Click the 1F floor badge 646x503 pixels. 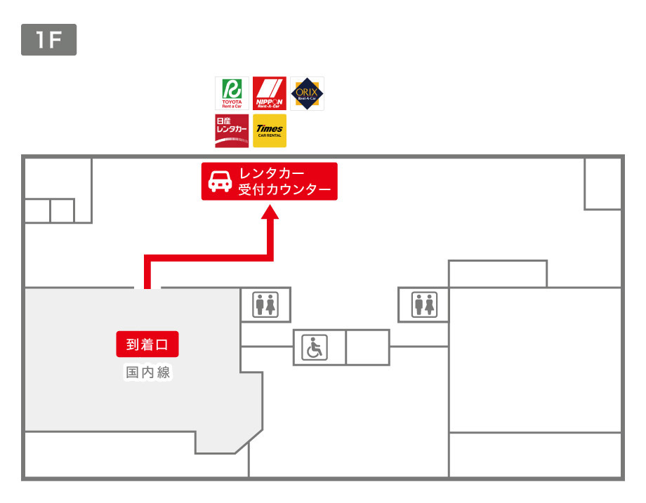(48, 40)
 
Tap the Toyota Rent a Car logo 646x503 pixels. (232, 93)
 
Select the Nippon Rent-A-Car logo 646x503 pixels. (269, 93)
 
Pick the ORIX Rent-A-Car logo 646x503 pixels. (307, 93)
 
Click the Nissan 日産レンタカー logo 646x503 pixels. (232, 130)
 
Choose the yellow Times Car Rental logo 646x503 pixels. (269, 130)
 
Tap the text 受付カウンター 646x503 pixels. (284, 189)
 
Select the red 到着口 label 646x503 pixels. (147, 344)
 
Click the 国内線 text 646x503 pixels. (147, 373)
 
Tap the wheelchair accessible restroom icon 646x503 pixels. (314, 347)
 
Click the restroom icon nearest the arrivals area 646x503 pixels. (265, 305)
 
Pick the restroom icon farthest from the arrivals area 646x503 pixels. (424, 305)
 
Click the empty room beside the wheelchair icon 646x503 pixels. (367, 347)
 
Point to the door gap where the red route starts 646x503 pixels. (147, 287)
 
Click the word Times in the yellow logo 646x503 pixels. (269, 128)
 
